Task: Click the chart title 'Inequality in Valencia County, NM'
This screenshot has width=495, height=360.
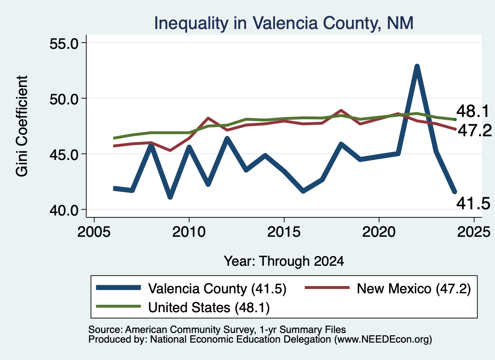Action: (x=283, y=23)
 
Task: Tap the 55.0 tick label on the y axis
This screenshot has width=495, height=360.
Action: (x=64, y=43)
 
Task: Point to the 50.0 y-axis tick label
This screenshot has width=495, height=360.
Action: (x=64, y=99)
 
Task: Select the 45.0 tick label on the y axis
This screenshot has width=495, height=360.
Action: (x=64, y=154)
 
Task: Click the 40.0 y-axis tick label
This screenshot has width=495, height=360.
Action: (x=64, y=210)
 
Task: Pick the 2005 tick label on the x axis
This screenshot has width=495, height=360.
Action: (x=94, y=232)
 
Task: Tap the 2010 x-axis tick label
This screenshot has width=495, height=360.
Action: (x=189, y=232)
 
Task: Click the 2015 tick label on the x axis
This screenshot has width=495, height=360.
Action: (x=284, y=232)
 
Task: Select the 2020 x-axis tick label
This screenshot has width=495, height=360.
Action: (x=379, y=232)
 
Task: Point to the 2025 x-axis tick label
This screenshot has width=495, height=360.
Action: (x=474, y=232)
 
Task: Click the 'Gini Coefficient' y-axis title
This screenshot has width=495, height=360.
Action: (x=22, y=126)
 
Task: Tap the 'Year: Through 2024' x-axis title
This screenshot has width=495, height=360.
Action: (x=284, y=261)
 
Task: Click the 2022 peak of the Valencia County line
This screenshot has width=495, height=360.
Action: (x=417, y=66)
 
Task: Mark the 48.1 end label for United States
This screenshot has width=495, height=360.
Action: (x=473, y=111)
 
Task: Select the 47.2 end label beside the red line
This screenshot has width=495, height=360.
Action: (x=475, y=130)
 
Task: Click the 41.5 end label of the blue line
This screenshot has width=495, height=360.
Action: (x=473, y=203)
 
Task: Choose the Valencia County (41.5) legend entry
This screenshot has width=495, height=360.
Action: (x=191, y=288)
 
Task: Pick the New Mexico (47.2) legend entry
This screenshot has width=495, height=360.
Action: (x=388, y=288)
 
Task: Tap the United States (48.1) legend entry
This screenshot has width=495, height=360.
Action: (x=183, y=307)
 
